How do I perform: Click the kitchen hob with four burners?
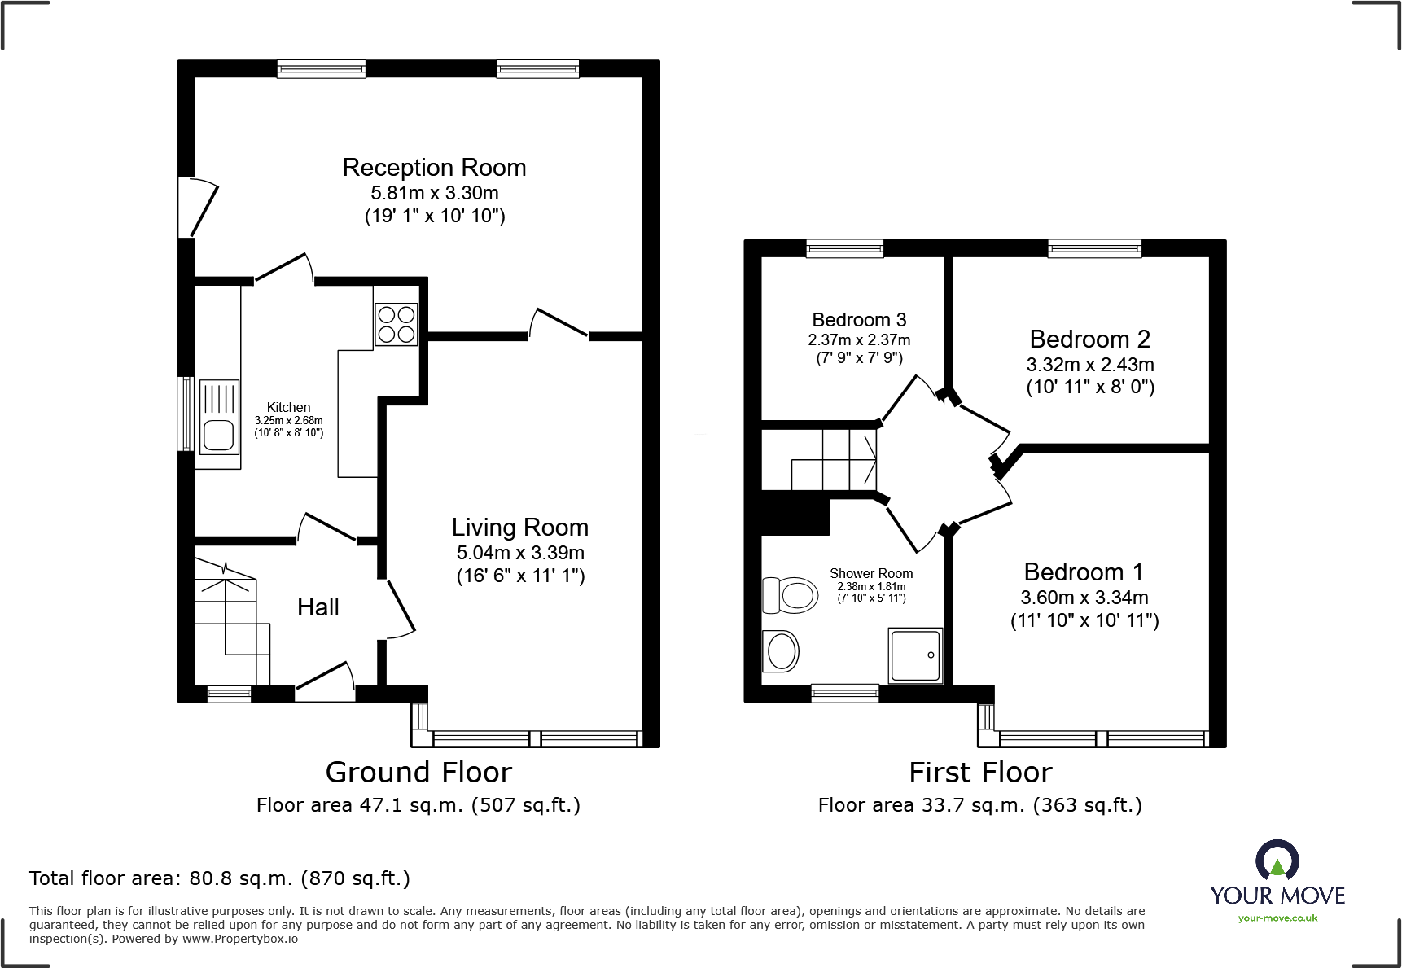[x=397, y=324]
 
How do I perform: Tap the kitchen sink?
[x=218, y=416]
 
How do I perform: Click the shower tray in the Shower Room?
[x=916, y=655]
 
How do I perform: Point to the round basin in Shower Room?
[x=782, y=651]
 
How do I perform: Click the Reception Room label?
[x=434, y=168]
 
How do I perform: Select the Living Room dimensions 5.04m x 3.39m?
[x=520, y=553]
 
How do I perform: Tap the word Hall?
[x=318, y=607]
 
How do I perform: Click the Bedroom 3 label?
[x=859, y=320]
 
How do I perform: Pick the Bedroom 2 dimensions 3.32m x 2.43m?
[x=1089, y=365]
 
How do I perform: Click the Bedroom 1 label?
[x=1083, y=572]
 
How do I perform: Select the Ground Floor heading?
[x=418, y=772]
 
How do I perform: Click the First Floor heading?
[x=980, y=772]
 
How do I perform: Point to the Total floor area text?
[x=220, y=878]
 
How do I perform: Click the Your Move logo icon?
[x=1277, y=861]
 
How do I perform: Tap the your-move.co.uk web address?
[x=1277, y=918]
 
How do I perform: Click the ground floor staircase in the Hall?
[x=232, y=623]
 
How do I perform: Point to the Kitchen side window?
[x=186, y=414]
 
